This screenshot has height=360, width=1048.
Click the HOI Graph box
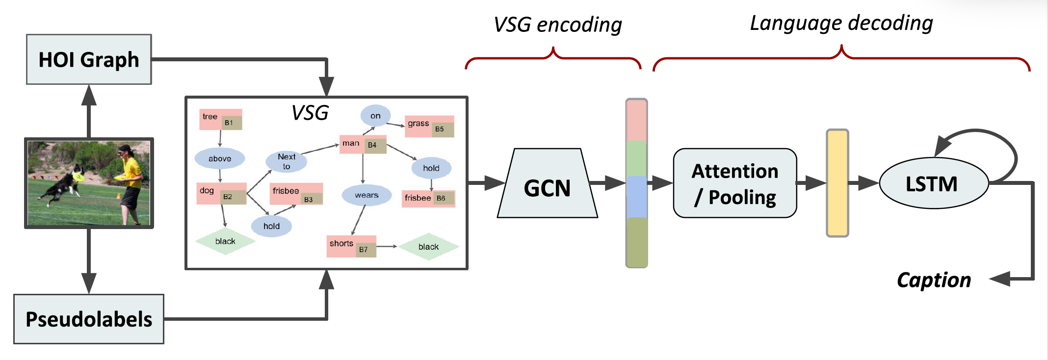coord(89,59)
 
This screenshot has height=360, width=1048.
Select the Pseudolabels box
coord(89,319)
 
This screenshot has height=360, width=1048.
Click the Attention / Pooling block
coord(734,183)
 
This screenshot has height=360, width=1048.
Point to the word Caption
coord(934,280)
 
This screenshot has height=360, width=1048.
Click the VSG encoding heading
coord(557,25)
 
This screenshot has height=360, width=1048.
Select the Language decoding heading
coord(841,23)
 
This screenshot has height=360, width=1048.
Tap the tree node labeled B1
coord(220,119)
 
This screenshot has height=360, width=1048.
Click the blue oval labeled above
coord(220,158)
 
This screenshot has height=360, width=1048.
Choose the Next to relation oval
coord(287,161)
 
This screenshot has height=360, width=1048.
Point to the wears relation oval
coord(367,195)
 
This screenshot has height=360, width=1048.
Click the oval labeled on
coord(375,116)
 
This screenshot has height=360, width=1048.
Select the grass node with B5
coord(429,126)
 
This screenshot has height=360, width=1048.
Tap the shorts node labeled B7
coord(351,246)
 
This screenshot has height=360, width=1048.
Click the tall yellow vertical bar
coord(837,183)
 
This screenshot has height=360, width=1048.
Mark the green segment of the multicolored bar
coord(636,158)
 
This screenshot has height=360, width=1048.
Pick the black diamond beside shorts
coord(428,247)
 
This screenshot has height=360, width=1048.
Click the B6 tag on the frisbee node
coord(441,199)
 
